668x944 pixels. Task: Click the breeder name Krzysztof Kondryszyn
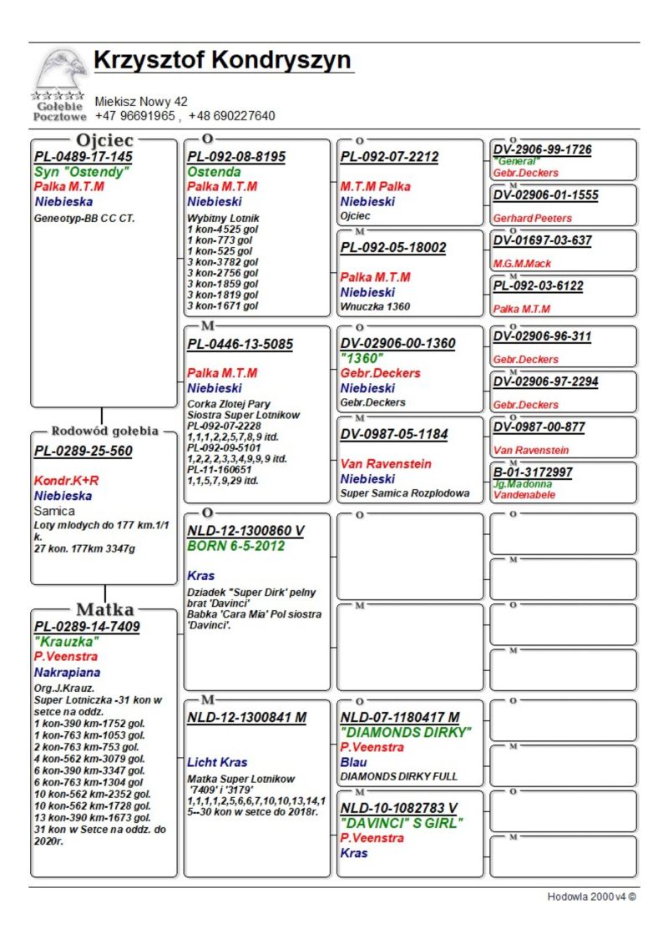pos(222,61)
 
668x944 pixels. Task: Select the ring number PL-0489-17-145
pos(83,157)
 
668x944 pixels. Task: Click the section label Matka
pos(105,608)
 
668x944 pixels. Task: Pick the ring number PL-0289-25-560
pos(83,452)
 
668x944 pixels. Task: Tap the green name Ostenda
pos(214,172)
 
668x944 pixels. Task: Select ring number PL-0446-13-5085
pos(240,344)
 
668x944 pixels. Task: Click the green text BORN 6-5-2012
pos(235,546)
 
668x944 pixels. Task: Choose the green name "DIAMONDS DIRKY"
pos(406,732)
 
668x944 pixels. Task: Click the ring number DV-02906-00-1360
pos(397,343)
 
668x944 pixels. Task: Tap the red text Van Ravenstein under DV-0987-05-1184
pos(385,463)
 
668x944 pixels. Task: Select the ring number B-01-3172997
pos(532,472)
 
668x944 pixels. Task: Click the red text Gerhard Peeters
pos(532,218)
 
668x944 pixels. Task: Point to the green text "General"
pos(517,161)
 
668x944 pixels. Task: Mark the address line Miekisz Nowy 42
pos(141,102)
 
